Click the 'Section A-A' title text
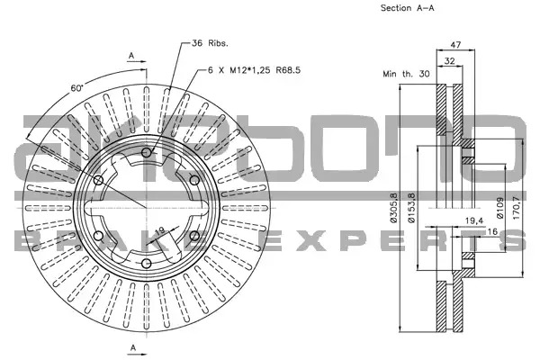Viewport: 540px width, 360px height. pos(407,8)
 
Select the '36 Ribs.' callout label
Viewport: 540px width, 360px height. pos(210,43)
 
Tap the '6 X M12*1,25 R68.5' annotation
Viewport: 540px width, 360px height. pos(254,70)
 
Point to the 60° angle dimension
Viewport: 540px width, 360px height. pos(77,88)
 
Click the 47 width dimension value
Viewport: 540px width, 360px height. pos(455,45)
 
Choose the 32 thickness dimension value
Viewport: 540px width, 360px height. pos(449,61)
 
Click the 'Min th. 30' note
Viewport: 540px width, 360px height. pos(407,74)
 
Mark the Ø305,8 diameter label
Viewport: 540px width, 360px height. pos(394,208)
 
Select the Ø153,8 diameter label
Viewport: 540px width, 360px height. pos(411,208)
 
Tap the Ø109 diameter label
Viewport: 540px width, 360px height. pos(500,208)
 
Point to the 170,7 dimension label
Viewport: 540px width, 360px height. pos(517,208)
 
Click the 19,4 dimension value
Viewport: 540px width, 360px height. pos(474,220)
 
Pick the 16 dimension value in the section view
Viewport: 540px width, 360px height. pos(493,231)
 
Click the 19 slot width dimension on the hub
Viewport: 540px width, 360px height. pos(160,230)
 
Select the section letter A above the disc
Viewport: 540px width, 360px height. pos(131,55)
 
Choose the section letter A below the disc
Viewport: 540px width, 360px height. pos(133,348)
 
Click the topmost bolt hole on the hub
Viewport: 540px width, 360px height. pos(147,152)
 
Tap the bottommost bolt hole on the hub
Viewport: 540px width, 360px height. pos(147,264)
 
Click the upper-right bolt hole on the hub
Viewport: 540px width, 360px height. pos(194,180)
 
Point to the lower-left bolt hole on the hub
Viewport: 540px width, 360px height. pos(98,236)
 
